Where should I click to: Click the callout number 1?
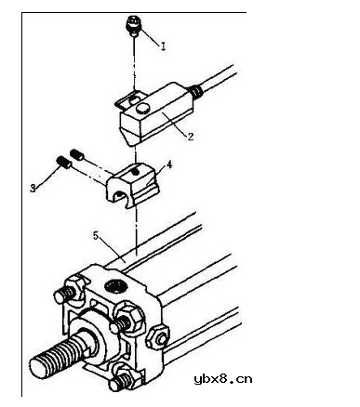(x=163, y=46)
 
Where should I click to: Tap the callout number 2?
(x=191, y=137)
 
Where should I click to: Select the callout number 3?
(x=33, y=188)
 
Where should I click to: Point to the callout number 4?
(x=169, y=164)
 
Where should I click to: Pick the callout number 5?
(x=96, y=236)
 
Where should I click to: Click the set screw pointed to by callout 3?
(x=64, y=162)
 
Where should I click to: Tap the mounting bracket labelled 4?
(x=133, y=185)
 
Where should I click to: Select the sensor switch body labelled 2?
(x=155, y=113)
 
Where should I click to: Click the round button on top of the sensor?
(x=143, y=109)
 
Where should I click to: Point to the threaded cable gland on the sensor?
(x=196, y=91)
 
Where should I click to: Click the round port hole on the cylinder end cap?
(x=116, y=286)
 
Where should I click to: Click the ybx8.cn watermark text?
(x=223, y=379)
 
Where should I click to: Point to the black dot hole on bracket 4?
(x=134, y=172)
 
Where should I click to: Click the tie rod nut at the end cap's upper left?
(x=73, y=287)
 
